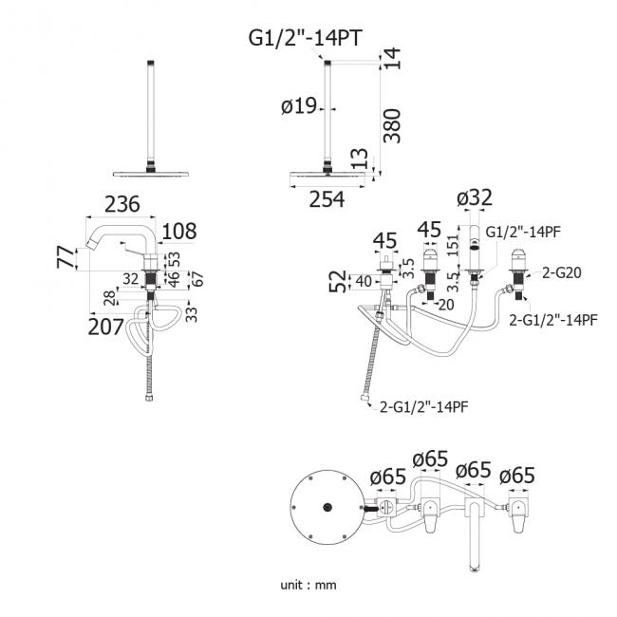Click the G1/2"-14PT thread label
(305, 39)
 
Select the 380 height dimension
(392, 126)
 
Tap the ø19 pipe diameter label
(299, 106)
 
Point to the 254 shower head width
(327, 199)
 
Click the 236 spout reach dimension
(122, 204)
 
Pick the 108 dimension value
(179, 231)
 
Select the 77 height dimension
(65, 257)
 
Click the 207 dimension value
(105, 327)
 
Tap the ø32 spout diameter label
(475, 197)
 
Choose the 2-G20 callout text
(562, 272)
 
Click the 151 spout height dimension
(453, 245)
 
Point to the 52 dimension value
(338, 281)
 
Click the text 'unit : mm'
(308, 585)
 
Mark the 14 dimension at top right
(392, 59)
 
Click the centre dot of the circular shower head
(327, 507)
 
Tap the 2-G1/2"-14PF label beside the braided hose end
(423, 406)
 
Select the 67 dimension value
(198, 279)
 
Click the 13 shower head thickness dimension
(360, 159)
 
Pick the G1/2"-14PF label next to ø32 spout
(523, 233)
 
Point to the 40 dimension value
(364, 282)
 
